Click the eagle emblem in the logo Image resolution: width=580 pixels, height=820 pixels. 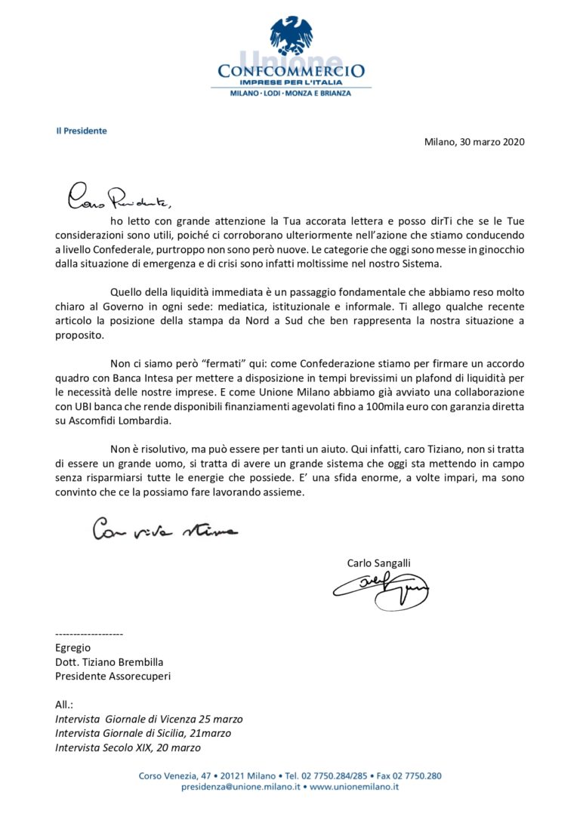(x=291, y=35)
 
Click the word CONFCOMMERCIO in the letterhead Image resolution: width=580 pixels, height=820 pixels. (x=291, y=71)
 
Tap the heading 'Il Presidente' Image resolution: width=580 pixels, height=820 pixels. (x=82, y=131)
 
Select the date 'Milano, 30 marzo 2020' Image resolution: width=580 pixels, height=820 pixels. (x=474, y=141)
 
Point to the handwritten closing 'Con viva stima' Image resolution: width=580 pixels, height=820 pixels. (x=165, y=530)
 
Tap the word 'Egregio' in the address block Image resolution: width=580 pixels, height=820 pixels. (x=72, y=647)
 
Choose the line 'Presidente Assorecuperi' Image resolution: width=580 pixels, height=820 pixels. (x=113, y=676)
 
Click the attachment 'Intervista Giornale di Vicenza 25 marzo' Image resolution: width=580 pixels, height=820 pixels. (x=149, y=719)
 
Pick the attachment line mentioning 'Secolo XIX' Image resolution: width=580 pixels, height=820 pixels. (x=128, y=748)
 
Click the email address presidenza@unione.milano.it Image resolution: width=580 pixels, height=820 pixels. (x=241, y=786)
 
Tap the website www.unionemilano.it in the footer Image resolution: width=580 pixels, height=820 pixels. (x=354, y=786)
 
